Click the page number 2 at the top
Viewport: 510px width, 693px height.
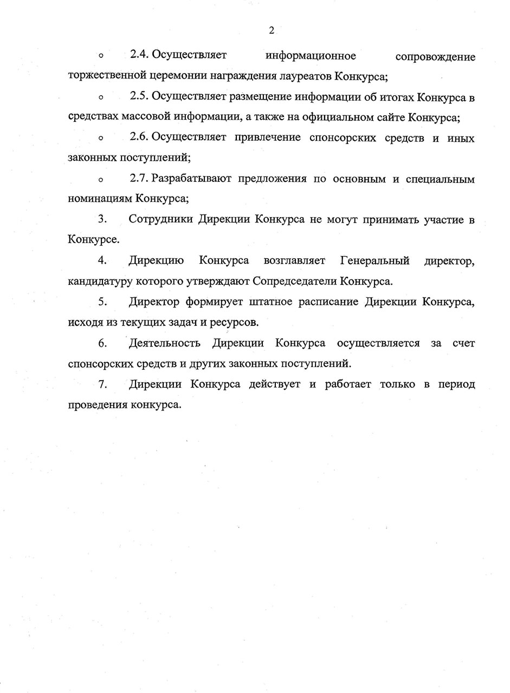pyautogui.click(x=271, y=30)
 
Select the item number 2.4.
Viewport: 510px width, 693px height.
pyautogui.click(x=139, y=55)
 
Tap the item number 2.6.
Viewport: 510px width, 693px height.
pyautogui.click(x=139, y=138)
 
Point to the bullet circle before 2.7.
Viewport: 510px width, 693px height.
pyautogui.click(x=101, y=180)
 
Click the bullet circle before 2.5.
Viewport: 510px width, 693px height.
pyautogui.click(x=101, y=97)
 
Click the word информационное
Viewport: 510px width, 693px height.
pyautogui.click(x=311, y=56)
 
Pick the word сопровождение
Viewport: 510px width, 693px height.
pyautogui.click(x=435, y=56)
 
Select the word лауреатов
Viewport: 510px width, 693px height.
pyautogui.click(x=305, y=76)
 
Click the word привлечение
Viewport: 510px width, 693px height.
pyautogui.click(x=268, y=138)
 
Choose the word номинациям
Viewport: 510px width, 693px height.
pyautogui.click(x=100, y=199)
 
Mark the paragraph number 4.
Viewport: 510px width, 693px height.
pyautogui.click(x=102, y=261)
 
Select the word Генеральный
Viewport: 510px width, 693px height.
pyautogui.click(x=375, y=261)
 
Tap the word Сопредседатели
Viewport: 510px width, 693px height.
pyautogui.click(x=294, y=282)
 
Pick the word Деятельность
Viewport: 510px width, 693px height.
pyautogui.click(x=165, y=343)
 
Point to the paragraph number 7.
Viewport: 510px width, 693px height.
pyautogui.click(x=102, y=384)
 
